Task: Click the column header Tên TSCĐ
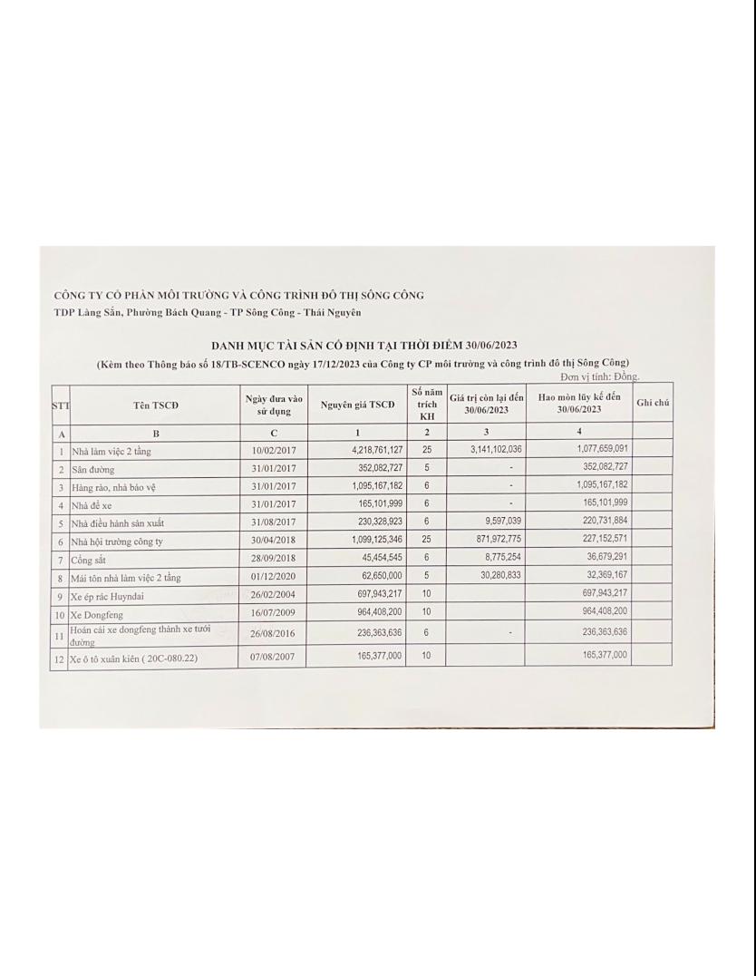(x=155, y=405)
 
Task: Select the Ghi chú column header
(x=653, y=402)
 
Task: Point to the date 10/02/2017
(x=273, y=450)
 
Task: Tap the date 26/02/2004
(x=273, y=594)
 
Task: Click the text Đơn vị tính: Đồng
(x=599, y=376)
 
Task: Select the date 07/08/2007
(x=273, y=655)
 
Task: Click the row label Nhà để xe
(x=92, y=504)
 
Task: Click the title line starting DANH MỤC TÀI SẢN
(x=363, y=346)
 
